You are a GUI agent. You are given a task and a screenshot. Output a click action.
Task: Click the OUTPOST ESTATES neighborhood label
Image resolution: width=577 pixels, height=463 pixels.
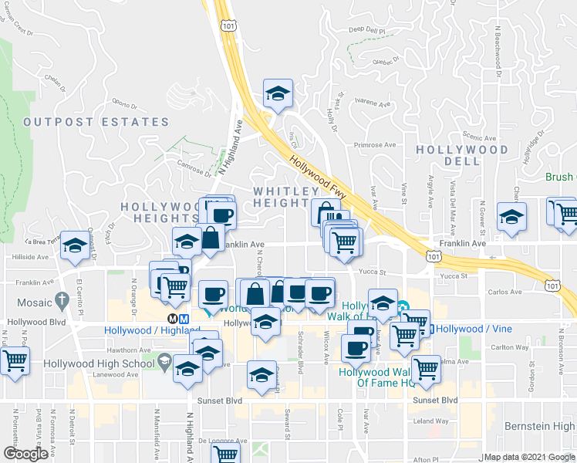96,122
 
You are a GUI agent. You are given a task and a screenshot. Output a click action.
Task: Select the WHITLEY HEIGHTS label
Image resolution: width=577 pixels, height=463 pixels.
287,197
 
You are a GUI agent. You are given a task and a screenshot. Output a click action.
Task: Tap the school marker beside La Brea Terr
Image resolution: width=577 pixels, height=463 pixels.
74,246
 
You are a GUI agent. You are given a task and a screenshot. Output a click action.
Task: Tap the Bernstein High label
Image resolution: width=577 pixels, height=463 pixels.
539,426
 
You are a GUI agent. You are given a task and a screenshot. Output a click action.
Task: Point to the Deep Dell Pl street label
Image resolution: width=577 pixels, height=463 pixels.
366,29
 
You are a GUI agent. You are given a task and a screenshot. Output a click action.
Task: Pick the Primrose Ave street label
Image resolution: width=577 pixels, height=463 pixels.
374,144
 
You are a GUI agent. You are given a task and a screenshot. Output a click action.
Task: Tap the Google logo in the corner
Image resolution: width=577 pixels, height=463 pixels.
25,454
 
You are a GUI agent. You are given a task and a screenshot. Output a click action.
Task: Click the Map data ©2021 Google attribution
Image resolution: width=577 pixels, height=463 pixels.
527,457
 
